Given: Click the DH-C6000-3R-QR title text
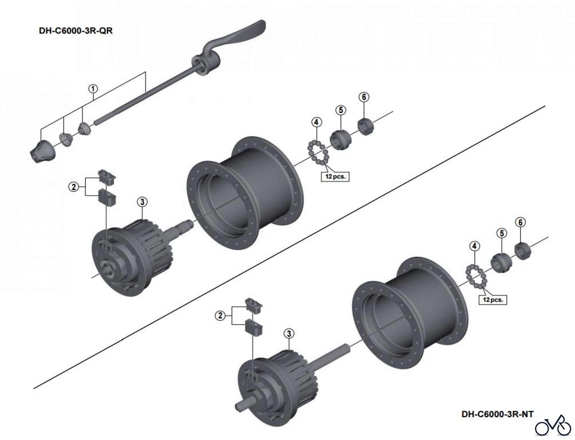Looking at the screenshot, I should point(76,31).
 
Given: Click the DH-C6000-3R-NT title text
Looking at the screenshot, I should point(497,414).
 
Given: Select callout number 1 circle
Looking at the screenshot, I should point(93,89).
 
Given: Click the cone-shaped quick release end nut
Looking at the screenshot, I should point(43,151).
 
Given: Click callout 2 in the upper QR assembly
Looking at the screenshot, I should point(74,187).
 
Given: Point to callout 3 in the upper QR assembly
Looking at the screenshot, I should point(142,202).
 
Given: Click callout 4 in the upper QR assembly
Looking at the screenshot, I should point(316,122).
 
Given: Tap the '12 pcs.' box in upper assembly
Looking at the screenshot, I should point(335,176).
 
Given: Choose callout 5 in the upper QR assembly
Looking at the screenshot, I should point(341,110).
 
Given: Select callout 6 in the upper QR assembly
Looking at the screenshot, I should point(364,97).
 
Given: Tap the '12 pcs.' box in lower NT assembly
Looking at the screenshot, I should point(493,300).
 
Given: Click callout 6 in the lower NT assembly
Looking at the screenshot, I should point(520,222).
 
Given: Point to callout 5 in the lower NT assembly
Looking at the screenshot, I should point(502,233).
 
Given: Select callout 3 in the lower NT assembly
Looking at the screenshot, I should point(289,334).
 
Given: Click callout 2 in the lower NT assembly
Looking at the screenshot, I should point(220,316).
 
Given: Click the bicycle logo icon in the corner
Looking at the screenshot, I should point(553,426).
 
